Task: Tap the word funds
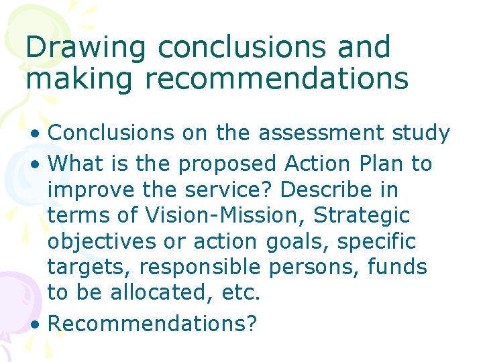point(397,267)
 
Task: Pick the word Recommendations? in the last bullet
point(152,323)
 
